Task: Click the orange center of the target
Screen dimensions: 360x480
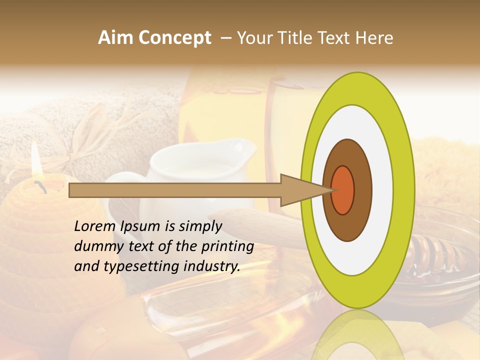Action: pos(343,190)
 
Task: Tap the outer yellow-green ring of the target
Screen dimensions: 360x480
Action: pos(403,190)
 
